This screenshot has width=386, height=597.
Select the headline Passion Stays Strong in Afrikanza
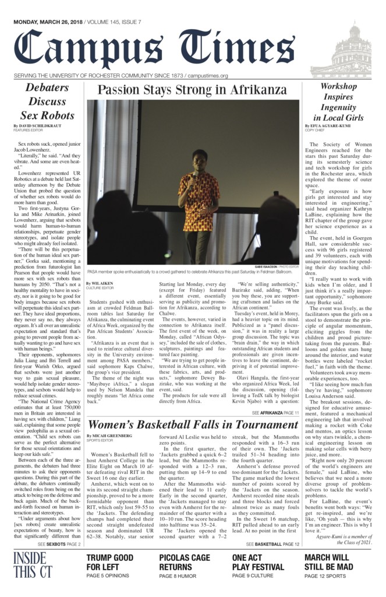[192, 90]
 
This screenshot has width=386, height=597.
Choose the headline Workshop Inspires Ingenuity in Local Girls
[339, 103]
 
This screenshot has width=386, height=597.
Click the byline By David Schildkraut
[37, 126]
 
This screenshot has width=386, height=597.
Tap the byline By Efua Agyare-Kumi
[327, 126]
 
